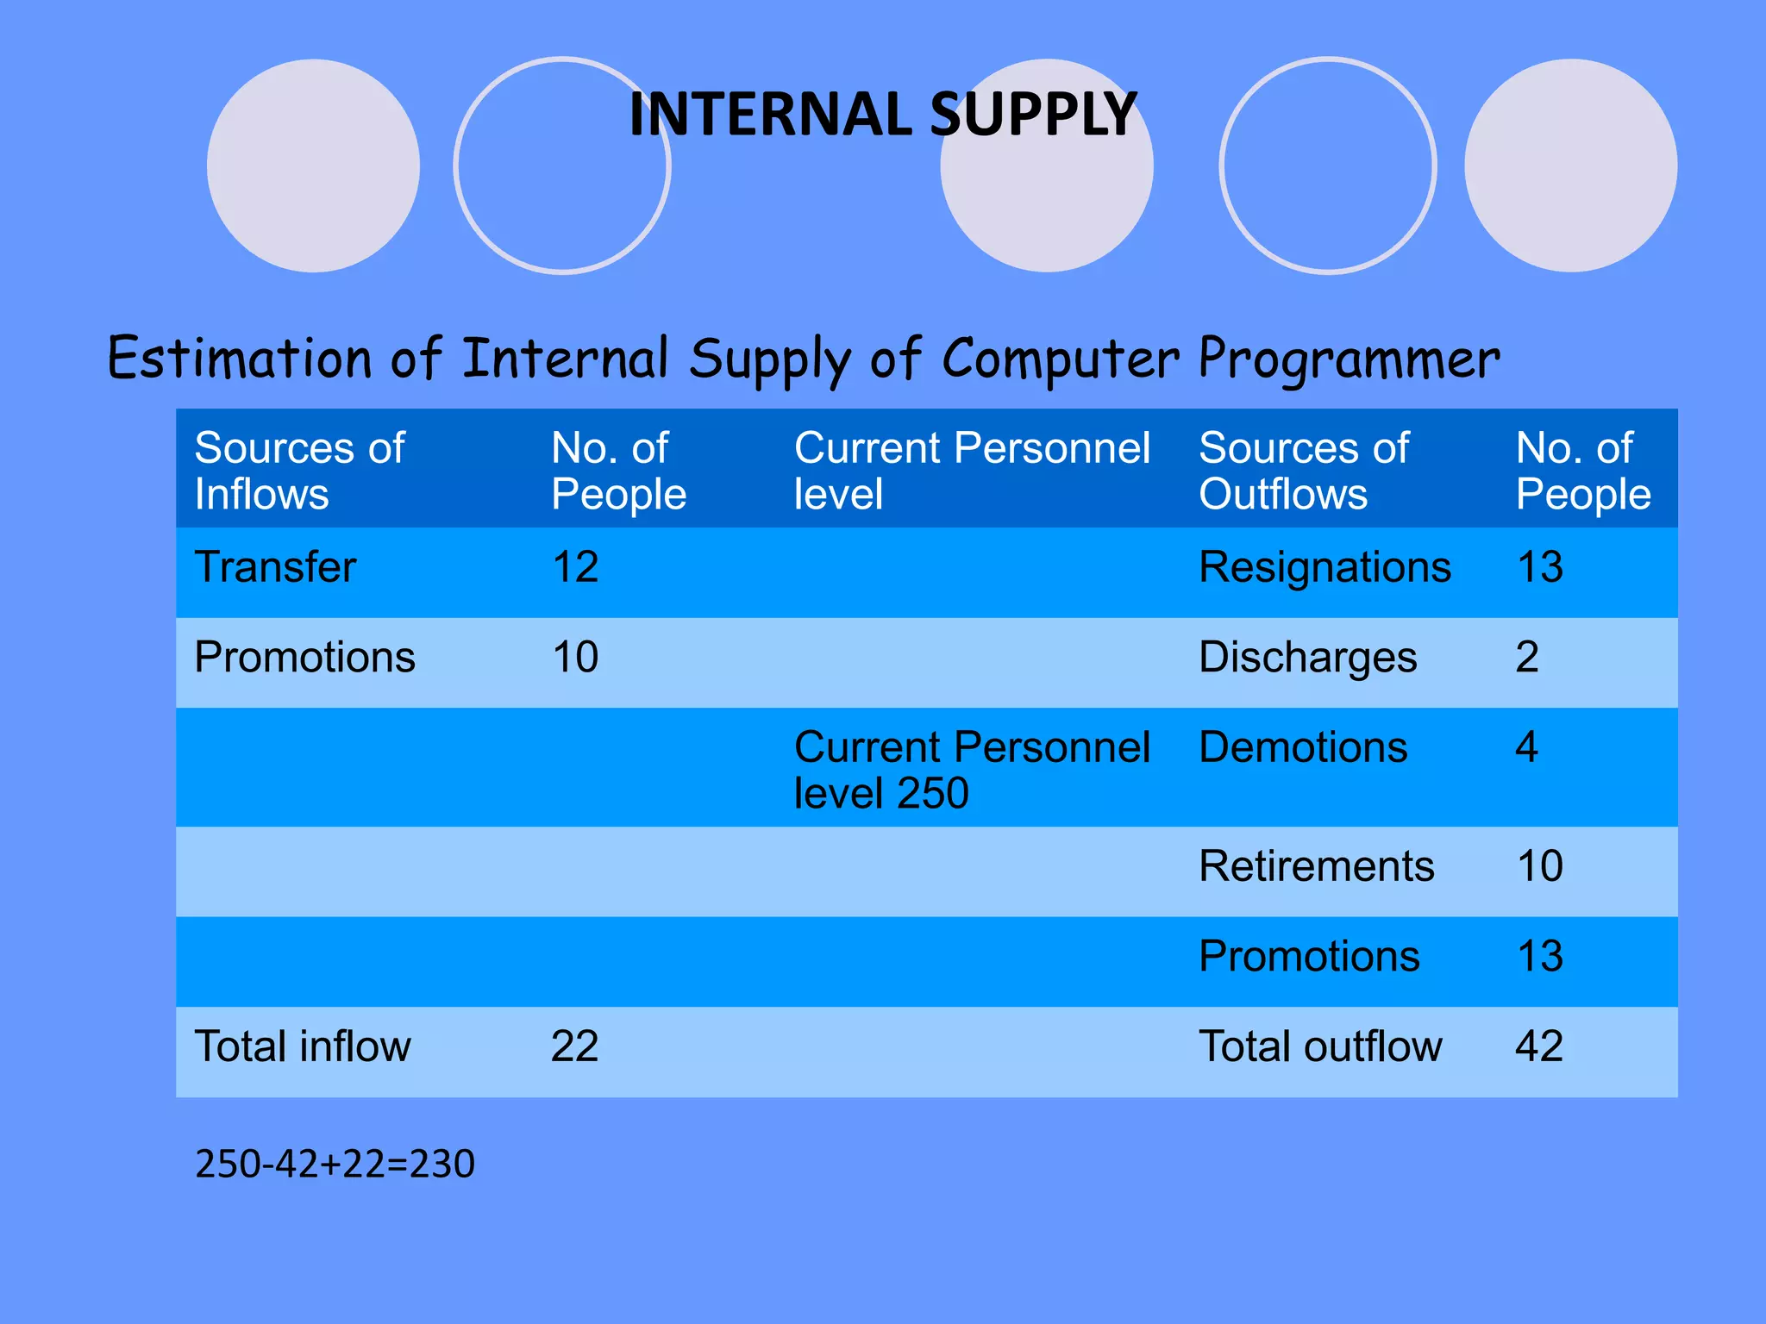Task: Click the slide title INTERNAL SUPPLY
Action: click(x=882, y=115)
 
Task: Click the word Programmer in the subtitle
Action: click(x=1349, y=359)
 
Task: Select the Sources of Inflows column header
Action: click(x=299, y=471)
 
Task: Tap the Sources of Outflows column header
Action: click(x=1303, y=471)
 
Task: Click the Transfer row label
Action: click(x=275, y=567)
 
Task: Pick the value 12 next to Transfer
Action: click(x=574, y=567)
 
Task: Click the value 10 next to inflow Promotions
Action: click(x=574, y=658)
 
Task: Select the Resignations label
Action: click(x=1324, y=567)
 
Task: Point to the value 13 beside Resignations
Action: click(x=1539, y=567)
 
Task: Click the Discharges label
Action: click(x=1307, y=658)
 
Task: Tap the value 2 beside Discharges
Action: click(x=1526, y=658)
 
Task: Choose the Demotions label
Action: click(x=1302, y=747)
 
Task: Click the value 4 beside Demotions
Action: click(x=1526, y=747)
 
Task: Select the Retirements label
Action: click(x=1316, y=866)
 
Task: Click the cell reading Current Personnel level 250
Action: click(x=971, y=770)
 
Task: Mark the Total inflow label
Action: click(x=303, y=1046)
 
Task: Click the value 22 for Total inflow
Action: click(x=574, y=1046)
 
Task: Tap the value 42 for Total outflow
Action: click(x=1539, y=1046)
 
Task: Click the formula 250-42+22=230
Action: click(x=335, y=1165)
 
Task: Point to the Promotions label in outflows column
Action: click(x=1309, y=957)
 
